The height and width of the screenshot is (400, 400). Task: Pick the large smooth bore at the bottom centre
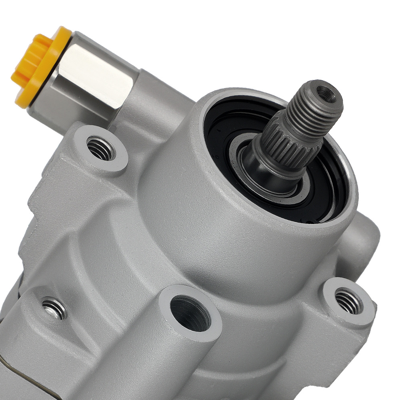click(x=190, y=314)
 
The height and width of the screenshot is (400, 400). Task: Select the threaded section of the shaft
click(x=316, y=106)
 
